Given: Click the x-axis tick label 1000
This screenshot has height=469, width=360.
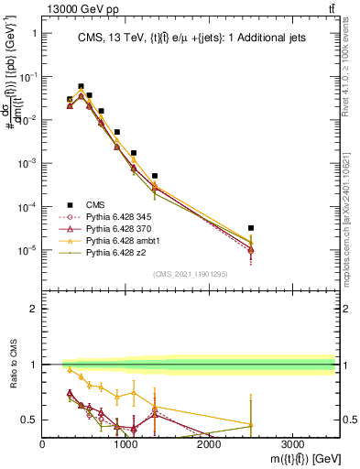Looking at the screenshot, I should coord(126,443).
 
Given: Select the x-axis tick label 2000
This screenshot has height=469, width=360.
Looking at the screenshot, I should coord(209,443).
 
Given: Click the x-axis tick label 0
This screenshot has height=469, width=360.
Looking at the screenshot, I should coord(43,443).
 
